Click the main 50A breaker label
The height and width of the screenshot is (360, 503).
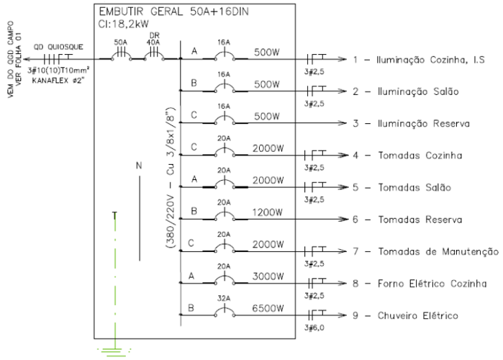coord(122,42)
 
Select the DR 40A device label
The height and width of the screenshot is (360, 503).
coord(153,39)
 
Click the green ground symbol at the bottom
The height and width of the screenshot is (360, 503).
coord(114,351)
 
